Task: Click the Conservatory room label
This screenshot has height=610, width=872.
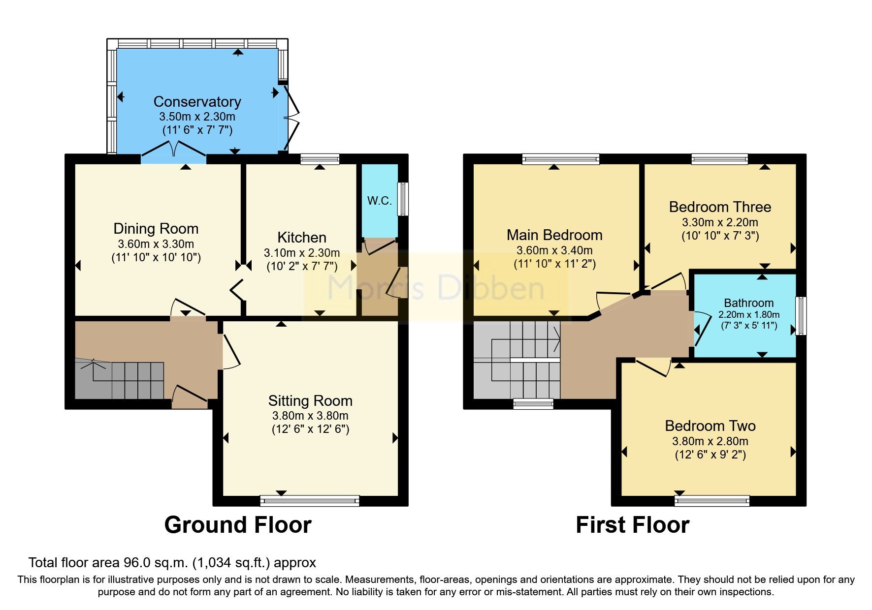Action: (x=197, y=102)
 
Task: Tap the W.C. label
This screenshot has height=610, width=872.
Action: (x=379, y=201)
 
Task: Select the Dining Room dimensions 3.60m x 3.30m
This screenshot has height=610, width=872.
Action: (x=156, y=244)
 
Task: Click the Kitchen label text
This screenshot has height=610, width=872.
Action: (x=302, y=238)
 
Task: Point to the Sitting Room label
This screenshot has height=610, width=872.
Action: (x=310, y=401)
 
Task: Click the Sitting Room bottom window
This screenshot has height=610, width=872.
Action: (x=310, y=501)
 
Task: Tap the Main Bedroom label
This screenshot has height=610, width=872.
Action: (x=554, y=235)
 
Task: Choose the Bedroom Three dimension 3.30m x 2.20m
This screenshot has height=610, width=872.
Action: (x=720, y=222)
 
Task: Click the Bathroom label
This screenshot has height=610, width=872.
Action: (x=748, y=303)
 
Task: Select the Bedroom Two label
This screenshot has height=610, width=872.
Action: (x=710, y=426)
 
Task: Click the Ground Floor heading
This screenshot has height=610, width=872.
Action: (x=238, y=525)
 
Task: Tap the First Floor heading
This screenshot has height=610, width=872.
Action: (x=632, y=525)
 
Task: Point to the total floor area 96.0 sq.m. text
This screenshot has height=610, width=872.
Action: (x=172, y=563)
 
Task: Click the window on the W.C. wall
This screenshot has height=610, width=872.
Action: (x=403, y=199)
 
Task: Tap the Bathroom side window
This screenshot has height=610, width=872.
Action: (x=801, y=316)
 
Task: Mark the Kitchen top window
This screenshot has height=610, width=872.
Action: (x=320, y=159)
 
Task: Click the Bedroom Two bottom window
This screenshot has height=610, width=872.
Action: (x=712, y=501)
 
